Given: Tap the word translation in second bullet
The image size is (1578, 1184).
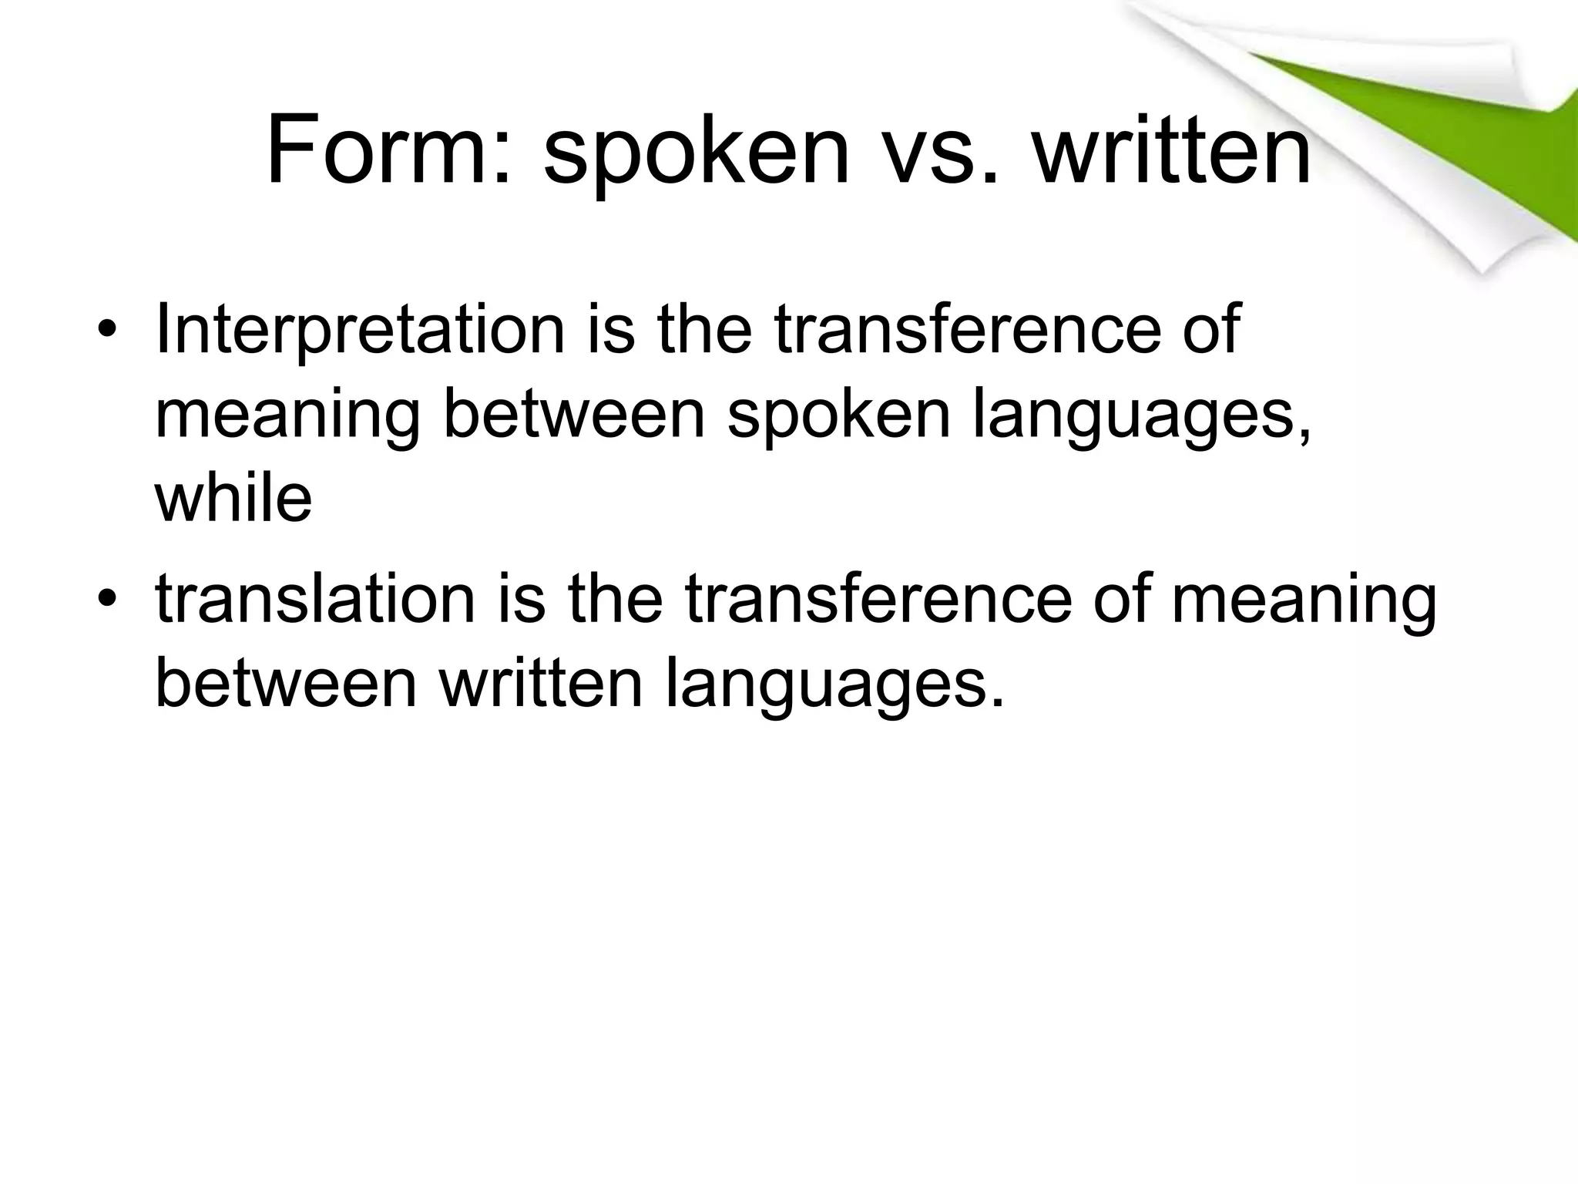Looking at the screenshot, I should [315, 599].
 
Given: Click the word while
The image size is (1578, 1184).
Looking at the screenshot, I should [233, 498].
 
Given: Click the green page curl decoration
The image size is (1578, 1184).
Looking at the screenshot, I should [1425, 131].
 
